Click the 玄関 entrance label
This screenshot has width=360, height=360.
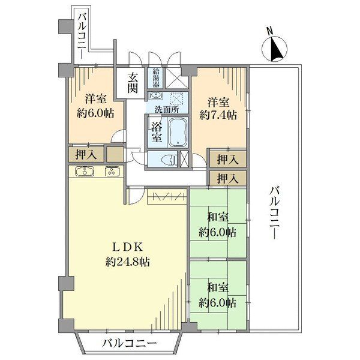[x=133, y=83]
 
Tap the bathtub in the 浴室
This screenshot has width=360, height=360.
[x=178, y=132]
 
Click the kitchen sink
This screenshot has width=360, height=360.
[x=85, y=171]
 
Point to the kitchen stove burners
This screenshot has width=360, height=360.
[x=112, y=171]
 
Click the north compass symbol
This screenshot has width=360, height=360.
[x=275, y=49]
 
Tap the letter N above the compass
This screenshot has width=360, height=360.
[x=269, y=31]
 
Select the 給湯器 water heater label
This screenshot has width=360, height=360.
[x=156, y=78]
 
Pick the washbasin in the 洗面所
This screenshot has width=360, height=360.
[x=155, y=95]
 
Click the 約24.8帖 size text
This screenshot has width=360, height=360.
[x=128, y=262]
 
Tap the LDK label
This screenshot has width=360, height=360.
[x=128, y=247]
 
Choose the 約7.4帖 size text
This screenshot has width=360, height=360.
[x=218, y=115]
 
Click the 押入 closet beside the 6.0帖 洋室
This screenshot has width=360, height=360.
[x=86, y=155]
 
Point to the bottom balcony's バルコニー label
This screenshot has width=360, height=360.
[x=130, y=344]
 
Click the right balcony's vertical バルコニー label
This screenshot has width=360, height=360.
[x=275, y=213]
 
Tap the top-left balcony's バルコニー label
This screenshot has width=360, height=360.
[x=83, y=36]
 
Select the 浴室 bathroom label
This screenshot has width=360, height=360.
[x=157, y=132]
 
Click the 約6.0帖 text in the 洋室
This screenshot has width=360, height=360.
[x=95, y=113]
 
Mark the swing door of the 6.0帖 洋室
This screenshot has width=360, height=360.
[x=119, y=136]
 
